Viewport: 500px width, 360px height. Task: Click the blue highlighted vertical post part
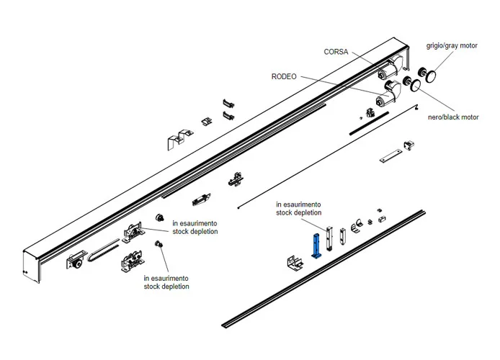315,245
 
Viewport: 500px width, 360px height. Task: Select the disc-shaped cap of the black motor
416,86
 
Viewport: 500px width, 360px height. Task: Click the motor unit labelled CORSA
385,71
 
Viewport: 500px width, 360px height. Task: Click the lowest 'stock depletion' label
166,287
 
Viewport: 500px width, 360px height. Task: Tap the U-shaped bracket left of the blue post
294,263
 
